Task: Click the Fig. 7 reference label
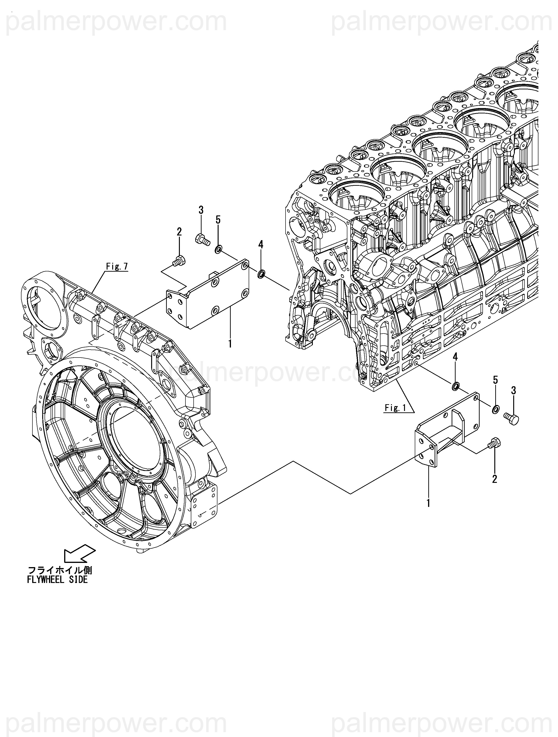tap(117, 267)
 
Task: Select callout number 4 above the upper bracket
tap(261, 245)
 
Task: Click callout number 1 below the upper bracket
tap(230, 343)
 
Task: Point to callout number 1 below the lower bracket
tap(428, 503)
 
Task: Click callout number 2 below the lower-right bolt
tap(495, 479)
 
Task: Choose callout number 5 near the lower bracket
tap(495, 380)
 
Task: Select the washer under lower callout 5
tap(495, 409)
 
